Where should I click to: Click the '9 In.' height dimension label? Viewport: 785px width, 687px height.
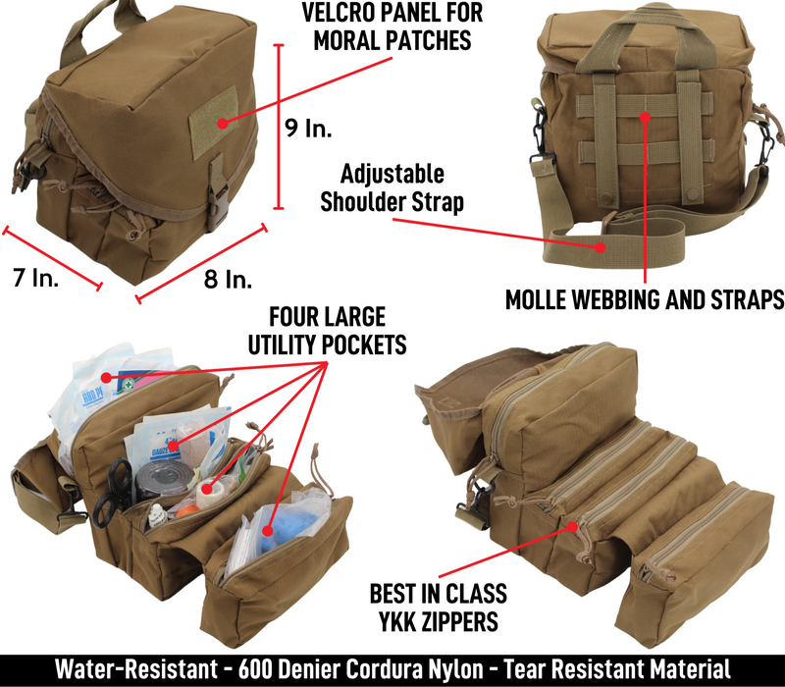click(308, 129)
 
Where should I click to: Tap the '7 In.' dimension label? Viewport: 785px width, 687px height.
click(35, 278)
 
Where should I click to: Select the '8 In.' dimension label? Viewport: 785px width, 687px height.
click(228, 279)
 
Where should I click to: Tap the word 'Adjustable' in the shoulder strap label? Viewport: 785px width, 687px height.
click(392, 175)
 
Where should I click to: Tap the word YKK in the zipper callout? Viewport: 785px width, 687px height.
click(398, 622)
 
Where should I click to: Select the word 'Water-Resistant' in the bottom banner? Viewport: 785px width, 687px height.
click(136, 669)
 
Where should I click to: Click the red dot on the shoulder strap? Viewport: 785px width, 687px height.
click(600, 247)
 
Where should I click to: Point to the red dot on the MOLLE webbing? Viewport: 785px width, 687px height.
click(646, 118)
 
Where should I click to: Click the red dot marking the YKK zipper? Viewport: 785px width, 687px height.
click(573, 527)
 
